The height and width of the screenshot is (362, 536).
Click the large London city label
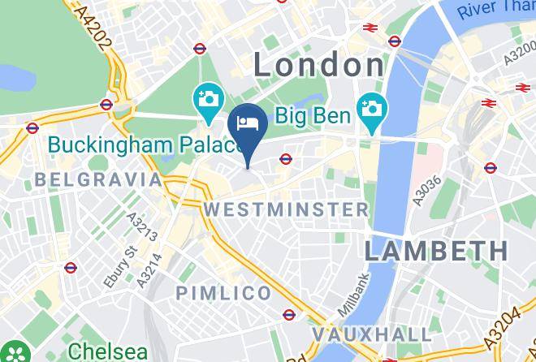click(319, 64)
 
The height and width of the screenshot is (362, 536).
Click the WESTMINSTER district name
click(286, 209)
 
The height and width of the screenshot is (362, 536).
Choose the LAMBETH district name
click(435, 250)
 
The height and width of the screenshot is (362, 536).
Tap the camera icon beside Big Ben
click(373, 108)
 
